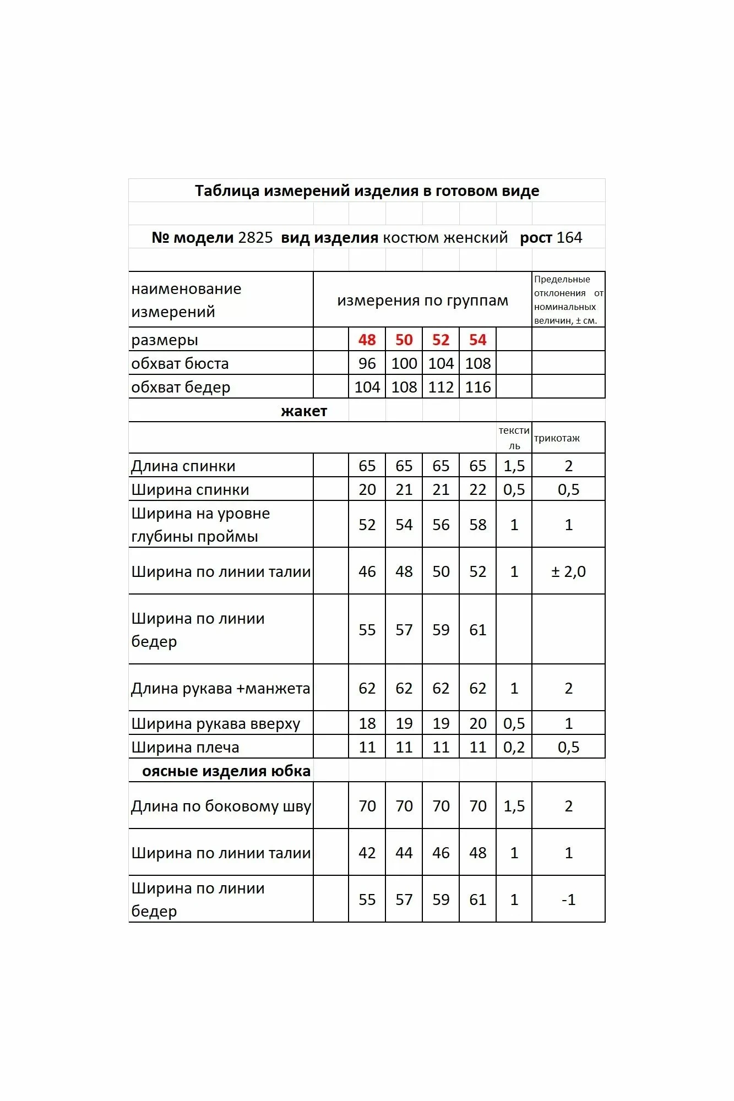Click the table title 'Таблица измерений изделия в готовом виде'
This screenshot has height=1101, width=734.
tap(367, 191)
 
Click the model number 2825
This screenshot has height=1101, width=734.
tap(255, 238)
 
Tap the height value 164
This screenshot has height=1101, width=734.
tap(569, 238)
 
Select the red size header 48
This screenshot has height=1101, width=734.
tap(367, 340)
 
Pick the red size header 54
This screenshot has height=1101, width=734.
tap(477, 340)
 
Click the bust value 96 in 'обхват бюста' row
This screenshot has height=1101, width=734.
tap(367, 363)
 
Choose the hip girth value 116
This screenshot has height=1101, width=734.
tap(477, 387)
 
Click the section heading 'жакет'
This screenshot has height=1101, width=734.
tap(304, 411)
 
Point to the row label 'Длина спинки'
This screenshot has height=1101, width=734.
tap(183, 466)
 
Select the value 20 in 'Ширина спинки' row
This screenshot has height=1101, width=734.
tap(367, 489)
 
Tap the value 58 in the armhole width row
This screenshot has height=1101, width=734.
tap(477, 525)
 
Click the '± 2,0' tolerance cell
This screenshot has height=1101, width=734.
tap(568, 571)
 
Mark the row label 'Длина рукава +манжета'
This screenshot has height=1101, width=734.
tap(220, 688)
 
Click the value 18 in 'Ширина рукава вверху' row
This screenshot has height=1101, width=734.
tap(367, 723)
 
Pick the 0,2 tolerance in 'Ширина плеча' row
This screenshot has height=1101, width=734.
tap(514, 747)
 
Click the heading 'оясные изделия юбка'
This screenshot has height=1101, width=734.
tap(226, 771)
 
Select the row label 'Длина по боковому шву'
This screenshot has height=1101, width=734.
tap(221, 806)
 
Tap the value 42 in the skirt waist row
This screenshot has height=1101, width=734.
tap(367, 853)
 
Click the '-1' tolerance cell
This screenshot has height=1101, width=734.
tap(568, 900)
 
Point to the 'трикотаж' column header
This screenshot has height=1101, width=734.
tap(557, 439)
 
